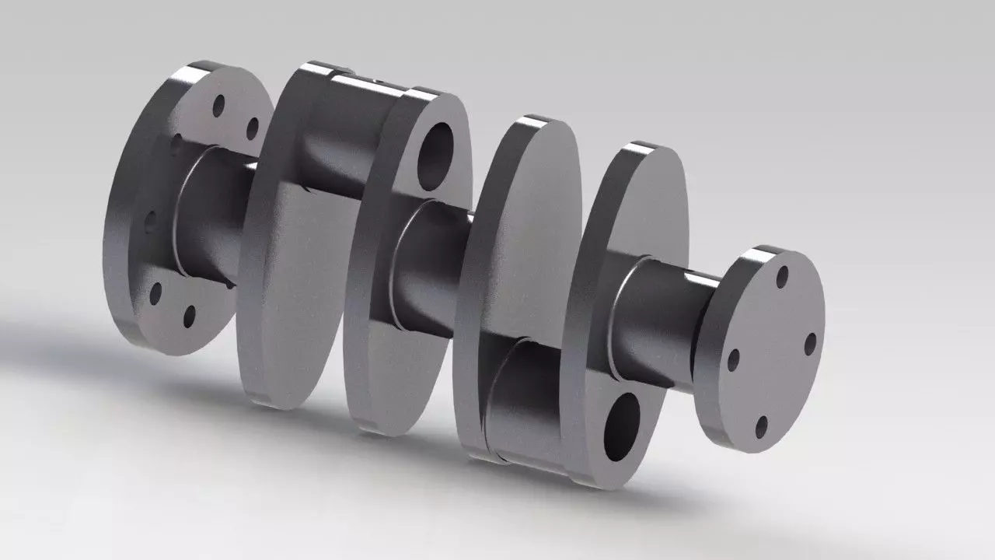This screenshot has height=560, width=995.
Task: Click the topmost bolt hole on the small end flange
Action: (782, 277)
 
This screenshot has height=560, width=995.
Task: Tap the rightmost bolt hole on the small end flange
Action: (810, 343)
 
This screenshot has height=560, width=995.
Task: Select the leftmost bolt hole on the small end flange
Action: (732, 359)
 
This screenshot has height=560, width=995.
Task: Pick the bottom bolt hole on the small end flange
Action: (762, 426)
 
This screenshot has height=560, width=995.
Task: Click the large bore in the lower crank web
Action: (622, 426)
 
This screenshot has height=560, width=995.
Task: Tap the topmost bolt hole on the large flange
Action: (219, 104)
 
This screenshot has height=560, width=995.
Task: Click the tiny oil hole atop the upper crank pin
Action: (375, 79)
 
